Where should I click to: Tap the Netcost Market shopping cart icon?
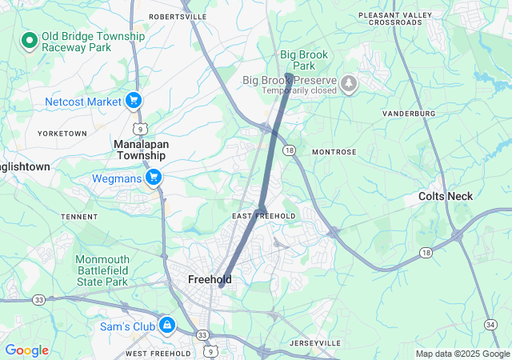pyautogui.click(x=134, y=102)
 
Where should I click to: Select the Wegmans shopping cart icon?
pyautogui.click(x=154, y=178)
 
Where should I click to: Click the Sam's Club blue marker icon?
pyautogui.click(x=167, y=325)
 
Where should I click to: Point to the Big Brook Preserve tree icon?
pyautogui.click(x=349, y=83)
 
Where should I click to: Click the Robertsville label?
pyautogui.click(x=178, y=16)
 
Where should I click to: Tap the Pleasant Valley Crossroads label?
pyautogui.click(x=390, y=18)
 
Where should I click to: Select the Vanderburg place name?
pyautogui.click(x=409, y=114)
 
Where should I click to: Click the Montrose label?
pyautogui.click(x=334, y=151)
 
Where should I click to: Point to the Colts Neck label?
pyautogui.click(x=446, y=196)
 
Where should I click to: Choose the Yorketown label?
pyautogui.click(x=62, y=133)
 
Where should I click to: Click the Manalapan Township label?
pyautogui.click(x=140, y=150)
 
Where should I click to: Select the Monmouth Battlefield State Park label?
pyautogui.click(x=102, y=270)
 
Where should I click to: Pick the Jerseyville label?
pyautogui.click(x=314, y=342)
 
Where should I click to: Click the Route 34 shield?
pyautogui.click(x=490, y=323)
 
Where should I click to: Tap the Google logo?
pyautogui.click(x=26, y=350)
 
